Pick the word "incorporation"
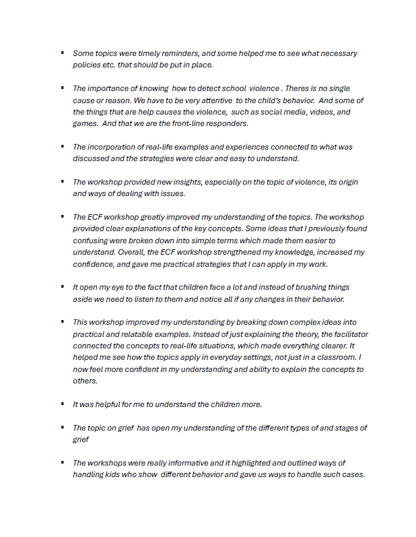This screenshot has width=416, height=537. pos(118,147)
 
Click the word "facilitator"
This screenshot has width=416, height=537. pos(341,334)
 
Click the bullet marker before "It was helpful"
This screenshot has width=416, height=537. pos(62,404)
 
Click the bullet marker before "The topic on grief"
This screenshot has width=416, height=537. pos(62,427)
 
